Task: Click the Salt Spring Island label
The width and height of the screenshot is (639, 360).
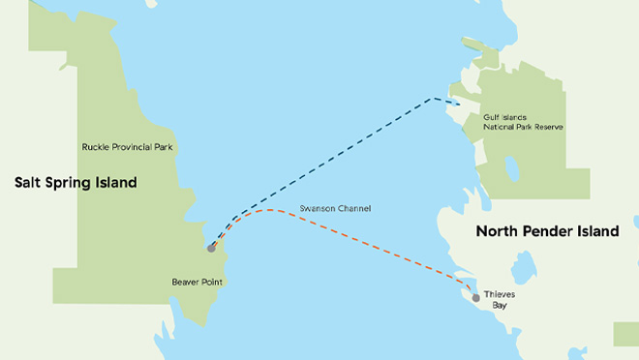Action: pos(76,182)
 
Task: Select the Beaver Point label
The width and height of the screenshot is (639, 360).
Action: pos(188,284)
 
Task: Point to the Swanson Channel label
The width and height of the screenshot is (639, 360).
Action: pos(336,209)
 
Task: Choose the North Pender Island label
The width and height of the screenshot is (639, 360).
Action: pos(556,231)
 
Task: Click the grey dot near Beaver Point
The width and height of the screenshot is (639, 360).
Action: pos(211,248)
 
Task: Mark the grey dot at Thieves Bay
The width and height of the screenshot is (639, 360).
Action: pos(475,297)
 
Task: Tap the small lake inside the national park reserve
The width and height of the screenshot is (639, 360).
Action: pos(510,170)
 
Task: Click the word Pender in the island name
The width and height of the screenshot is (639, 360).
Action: pos(564,231)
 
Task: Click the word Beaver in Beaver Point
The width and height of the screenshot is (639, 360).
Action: pos(175,284)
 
